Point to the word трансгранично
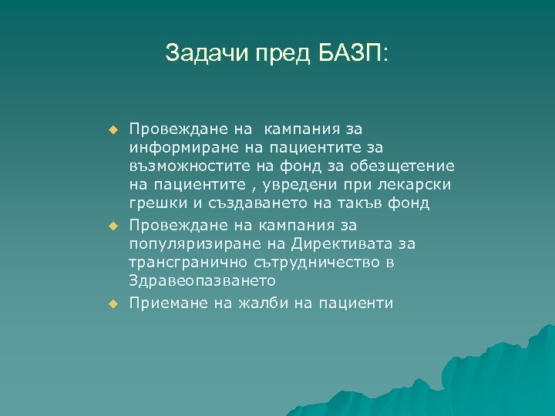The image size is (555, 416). [183, 263]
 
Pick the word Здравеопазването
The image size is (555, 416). [193, 283]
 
